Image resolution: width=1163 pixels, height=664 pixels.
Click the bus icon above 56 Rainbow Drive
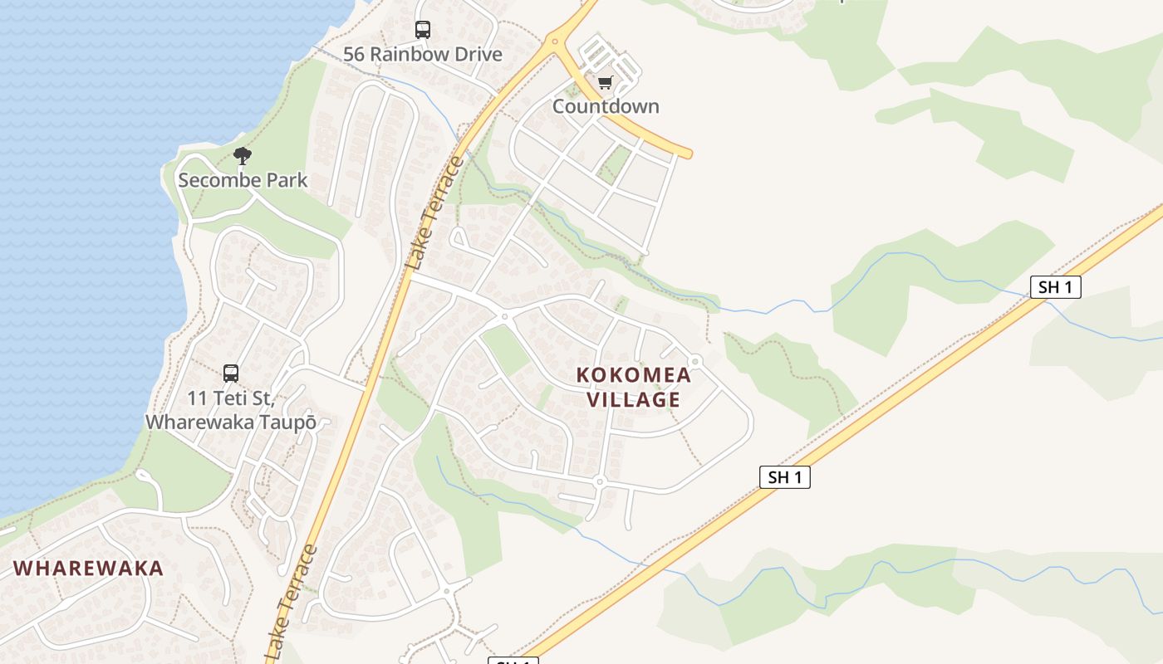click(x=423, y=30)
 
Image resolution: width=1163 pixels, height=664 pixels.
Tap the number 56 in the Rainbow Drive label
click(x=355, y=55)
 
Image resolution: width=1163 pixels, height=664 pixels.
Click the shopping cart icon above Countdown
click(x=605, y=82)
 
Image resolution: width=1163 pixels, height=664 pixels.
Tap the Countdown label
click(x=606, y=106)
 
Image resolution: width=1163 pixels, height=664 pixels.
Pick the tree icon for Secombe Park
click(x=242, y=155)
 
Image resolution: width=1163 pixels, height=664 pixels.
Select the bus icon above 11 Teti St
click(x=231, y=373)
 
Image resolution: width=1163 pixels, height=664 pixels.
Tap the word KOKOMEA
click(x=634, y=375)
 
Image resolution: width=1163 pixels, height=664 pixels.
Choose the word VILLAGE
click(x=634, y=400)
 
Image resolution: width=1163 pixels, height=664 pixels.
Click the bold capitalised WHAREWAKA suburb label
click(x=89, y=569)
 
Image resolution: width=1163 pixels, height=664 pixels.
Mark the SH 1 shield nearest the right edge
click(x=1055, y=287)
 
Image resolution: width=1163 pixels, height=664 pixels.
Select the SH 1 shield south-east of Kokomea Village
click(x=784, y=477)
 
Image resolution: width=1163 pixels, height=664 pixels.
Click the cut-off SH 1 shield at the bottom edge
click(x=513, y=660)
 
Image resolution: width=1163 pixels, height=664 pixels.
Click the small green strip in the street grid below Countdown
click(x=615, y=163)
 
